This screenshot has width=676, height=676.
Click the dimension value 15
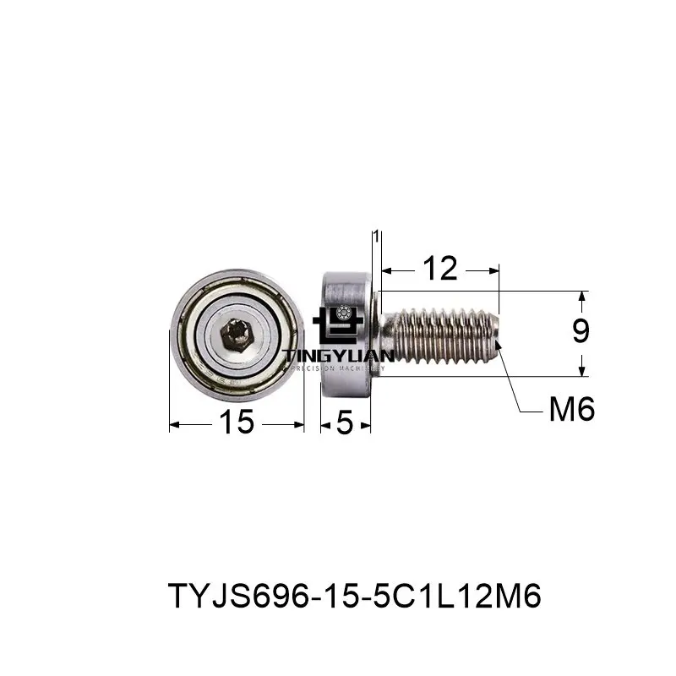tap(237, 422)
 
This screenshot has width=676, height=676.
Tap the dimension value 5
tap(344, 422)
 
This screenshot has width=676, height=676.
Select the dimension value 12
tap(439, 270)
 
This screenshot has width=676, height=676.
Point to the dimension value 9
tap(581, 333)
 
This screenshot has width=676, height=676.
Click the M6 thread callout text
tap(572, 411)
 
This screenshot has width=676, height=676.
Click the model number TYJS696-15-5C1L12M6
tap(354, 597)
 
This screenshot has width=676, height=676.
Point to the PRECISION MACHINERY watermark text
tap(337, 368)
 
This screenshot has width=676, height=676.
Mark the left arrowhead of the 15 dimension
tap(174, 423)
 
